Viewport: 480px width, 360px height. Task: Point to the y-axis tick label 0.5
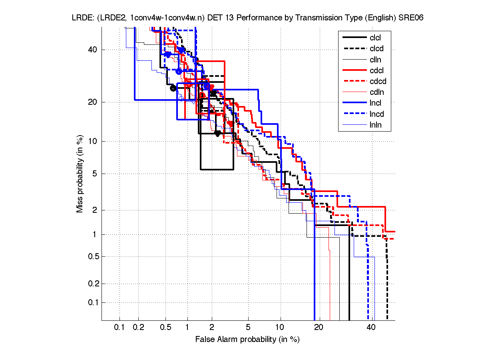tap(92, 256)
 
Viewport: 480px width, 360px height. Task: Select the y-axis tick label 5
tap(95, 174)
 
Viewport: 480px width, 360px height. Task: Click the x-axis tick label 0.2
tap(138, 328)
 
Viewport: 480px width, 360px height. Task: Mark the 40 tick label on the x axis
tap(371, 328)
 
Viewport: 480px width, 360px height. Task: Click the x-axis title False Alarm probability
tap(247, 340)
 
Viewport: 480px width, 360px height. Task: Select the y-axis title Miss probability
tap(80, 174)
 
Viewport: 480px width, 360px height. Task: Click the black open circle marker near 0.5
tap(173, 88)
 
